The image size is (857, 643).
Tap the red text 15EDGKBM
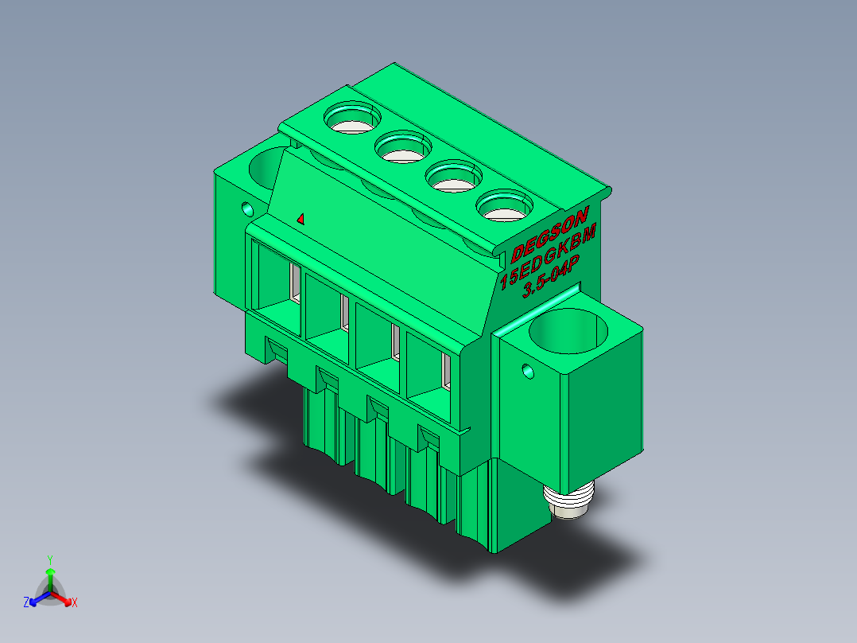549,255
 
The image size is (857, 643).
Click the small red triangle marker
301,219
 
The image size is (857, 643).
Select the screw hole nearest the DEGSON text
505,206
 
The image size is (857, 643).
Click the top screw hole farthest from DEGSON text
352,118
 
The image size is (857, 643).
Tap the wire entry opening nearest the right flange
428,377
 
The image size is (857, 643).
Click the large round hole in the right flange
568,331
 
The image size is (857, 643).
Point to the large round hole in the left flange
267,167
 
